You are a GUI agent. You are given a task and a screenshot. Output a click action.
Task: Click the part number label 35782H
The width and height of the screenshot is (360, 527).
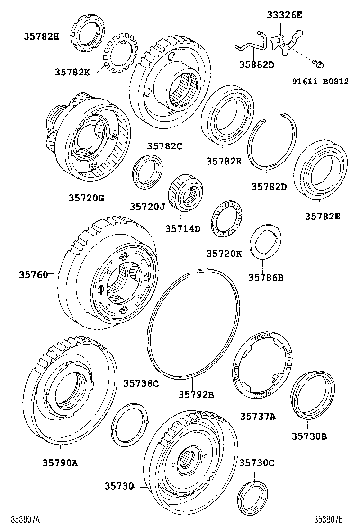tap(41, 36)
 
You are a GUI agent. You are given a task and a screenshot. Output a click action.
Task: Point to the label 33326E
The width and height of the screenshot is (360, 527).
tap(285, 15)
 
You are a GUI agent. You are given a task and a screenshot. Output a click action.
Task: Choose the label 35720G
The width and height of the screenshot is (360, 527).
tap(87, 198)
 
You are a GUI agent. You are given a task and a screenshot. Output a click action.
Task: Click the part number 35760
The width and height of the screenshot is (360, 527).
tap(34, 274)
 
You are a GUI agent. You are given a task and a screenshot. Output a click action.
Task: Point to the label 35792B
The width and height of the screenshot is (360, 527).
tap(196, 394)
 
